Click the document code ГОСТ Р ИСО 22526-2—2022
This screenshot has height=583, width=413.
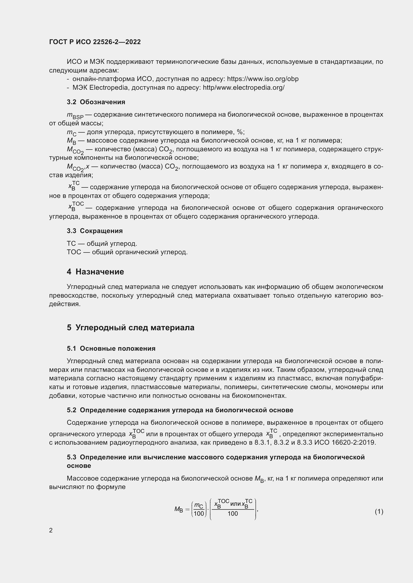[x=95, y=42]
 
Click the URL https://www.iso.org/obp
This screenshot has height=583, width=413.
[x=263, y=79]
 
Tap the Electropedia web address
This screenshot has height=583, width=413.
[x=244, y=88]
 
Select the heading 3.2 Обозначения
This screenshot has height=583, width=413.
[x=96, y=102]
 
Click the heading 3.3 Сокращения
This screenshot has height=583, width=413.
[x=95, y=231]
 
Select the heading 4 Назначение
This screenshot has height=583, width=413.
[x=95, y=272]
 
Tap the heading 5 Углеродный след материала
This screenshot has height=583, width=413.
[x=130, y=328]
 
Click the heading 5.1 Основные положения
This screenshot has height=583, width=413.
[x=111, y=348]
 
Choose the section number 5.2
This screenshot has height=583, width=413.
[x=71, y=410]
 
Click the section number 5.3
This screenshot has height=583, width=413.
[x=71, y=457]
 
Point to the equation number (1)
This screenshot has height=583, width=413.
[x=379, y=511]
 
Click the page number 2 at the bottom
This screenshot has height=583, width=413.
[x=51, y=530]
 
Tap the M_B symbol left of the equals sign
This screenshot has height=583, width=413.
[x=179, y=509]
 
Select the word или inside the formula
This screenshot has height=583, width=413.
[x=235, y=504]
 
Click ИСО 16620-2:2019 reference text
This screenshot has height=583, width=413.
[x=345, y=443]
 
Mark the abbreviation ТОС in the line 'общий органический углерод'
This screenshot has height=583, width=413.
[x=74, y=252]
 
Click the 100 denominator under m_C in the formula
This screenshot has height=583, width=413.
[x=199, y=514]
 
